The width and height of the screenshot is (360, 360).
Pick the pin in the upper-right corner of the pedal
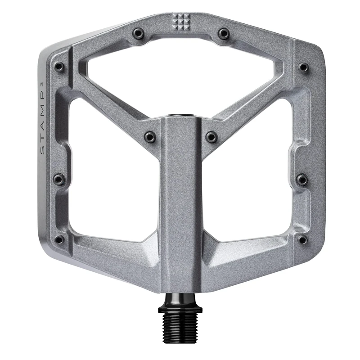[304, 67]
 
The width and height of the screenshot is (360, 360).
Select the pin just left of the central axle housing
[150, 136]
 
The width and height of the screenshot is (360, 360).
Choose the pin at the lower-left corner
[59, 239]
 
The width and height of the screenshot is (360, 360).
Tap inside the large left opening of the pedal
[112, 180]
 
